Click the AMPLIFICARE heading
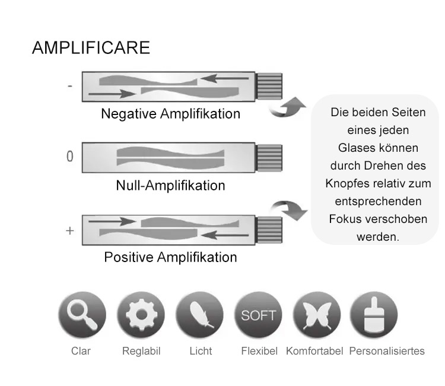click(91, 47)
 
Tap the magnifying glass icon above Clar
click(81, 315)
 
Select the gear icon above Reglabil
click(141, 315)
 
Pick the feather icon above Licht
click(200, 315)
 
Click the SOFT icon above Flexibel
click(259, 315)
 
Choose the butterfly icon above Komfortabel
click(317, 315)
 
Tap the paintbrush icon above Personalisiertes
click(374, 315)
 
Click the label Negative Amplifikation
click(170, 114)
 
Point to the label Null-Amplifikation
click(170, 186)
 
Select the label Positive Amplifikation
click(170, 257)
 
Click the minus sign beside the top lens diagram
click(69, 86)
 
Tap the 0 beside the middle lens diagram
click(70, 157)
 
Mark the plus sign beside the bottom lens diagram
click(69, 231)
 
